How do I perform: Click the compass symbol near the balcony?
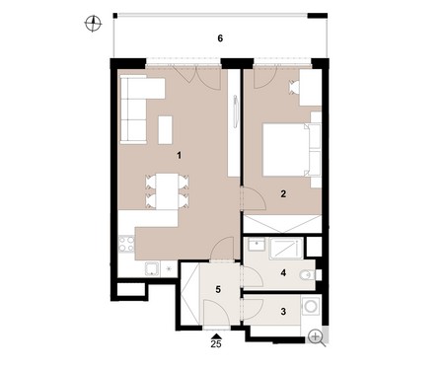coord(93,24)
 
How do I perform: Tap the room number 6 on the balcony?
coord(220,38)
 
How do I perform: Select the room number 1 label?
coord(179,155)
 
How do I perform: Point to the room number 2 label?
coord(283,193)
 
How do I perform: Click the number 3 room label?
coord(283,311)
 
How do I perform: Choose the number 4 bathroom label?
coord(283,272)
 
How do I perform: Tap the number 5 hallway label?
coord(218,289)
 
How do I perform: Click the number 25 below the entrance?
coord(216,344)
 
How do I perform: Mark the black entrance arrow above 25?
coord(216,336)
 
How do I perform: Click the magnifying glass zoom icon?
coord(317,337)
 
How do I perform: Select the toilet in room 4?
coord(308,274)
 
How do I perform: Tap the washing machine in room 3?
coord(311,306)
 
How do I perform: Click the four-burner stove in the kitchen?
coord(126,245)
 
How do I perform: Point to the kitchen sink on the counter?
coord(152,268)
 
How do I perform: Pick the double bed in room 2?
coord(292,150)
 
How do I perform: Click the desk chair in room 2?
coord(293,88)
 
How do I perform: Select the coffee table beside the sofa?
coord(165,130)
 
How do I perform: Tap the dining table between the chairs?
coord(167,191)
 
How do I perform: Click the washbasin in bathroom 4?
coord(257,245)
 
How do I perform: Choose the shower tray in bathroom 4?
coord(286,249)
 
